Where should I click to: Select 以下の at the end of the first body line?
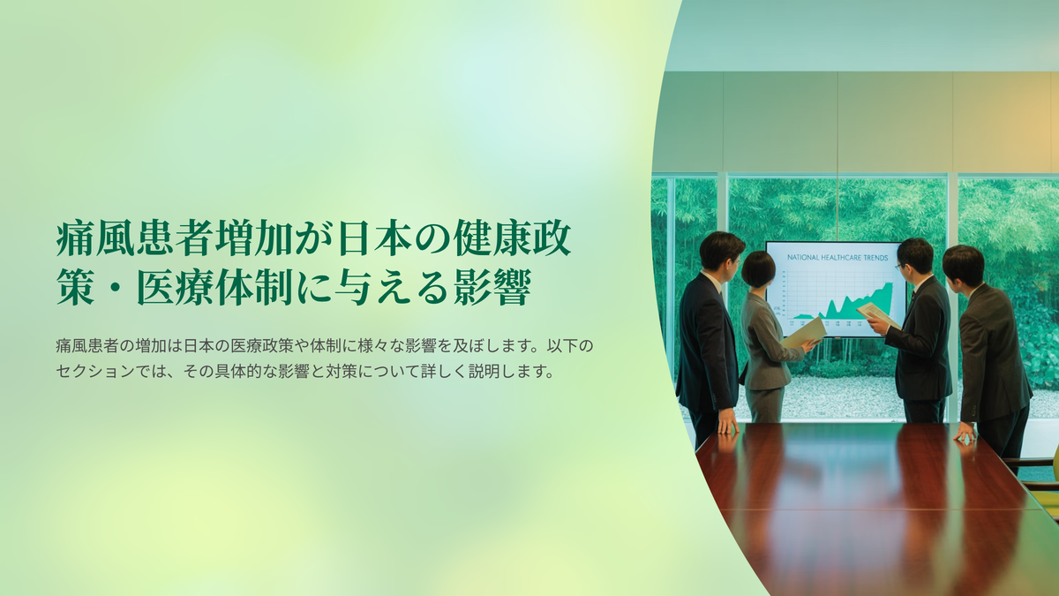[x=570, y=346]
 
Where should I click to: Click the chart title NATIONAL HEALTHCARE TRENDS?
[x=837, y=258]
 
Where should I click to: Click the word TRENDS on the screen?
[x=875, y=258]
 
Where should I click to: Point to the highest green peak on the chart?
[x=889, y=284]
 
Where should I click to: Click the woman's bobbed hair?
[x=758, y=268]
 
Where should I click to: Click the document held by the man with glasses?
[x=877, y=314]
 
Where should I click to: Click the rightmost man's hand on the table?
[x=965, y=433]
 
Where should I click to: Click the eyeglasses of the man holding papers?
[x=898, y=268]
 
